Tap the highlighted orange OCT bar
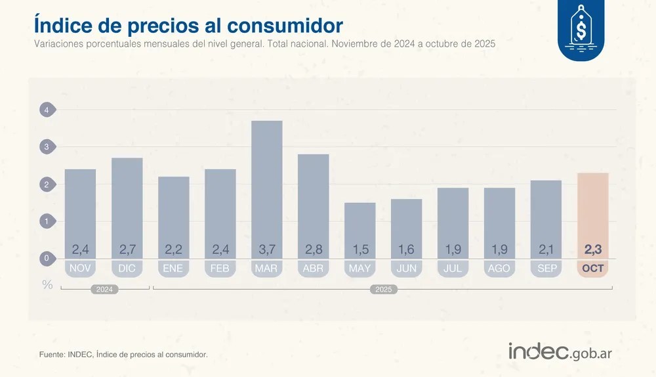point(593,210)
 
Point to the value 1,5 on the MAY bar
point(360,250)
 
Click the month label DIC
point(127,269)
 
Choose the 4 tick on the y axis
point(47,110)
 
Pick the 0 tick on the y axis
point(47,259)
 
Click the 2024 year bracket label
point(104,289)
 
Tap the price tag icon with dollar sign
point(581,29)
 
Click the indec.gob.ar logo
point(560,351)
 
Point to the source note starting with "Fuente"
point(123,355)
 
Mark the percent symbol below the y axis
point(47,285)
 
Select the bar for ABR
point(314,204)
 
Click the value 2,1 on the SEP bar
point(546,250)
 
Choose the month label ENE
point(174,269)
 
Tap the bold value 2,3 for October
point(593,250)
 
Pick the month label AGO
point(499,269)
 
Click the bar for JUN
point(407,227)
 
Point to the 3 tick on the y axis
point(47,147)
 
